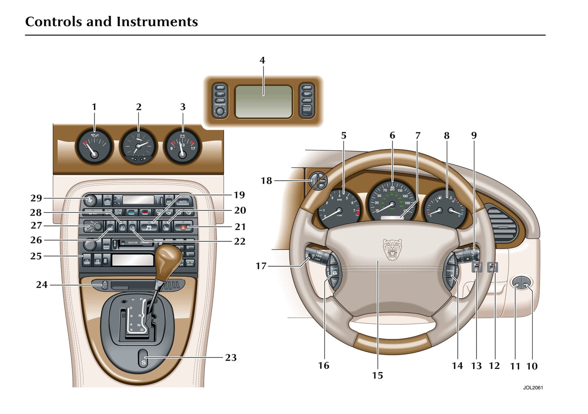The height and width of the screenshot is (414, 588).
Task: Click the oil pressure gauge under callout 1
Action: pyautogui.click(x=94, y=147)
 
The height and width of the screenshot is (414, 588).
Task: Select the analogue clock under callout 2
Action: pyautogui.click(x=138, y=147)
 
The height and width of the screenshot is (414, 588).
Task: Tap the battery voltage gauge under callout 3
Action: pyautogui.click(x=182, y=147)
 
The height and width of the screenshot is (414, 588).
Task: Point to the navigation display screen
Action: pyautogui.click(x=264, y=102)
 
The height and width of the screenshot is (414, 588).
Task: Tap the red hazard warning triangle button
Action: pyautogui.click(x=183, y=228)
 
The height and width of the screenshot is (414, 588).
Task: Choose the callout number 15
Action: pyautogui.click(x=378, y=375)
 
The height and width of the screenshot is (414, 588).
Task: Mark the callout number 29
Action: pyautogui.click(x=36, y=198)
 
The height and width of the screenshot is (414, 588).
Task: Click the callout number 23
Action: pyautogui.click(x=231, y=358)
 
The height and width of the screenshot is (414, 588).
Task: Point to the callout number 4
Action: pyautogui.click(x=262, y=61)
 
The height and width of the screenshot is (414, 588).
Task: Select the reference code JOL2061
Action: pyautogui.click(x=533, y=388)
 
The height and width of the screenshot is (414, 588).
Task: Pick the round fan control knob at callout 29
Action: pyautogui.click(x=90, y=200)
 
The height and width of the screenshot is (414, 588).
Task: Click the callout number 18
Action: pyautogui.click(x=266, y=180)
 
